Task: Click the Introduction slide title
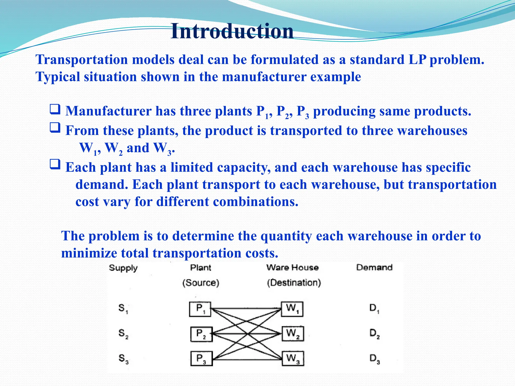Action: (232, 31)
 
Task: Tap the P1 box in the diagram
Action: (200, 309)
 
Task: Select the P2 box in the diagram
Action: (201, 334)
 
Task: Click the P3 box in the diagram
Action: (201, 358)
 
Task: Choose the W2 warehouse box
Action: (293, 334)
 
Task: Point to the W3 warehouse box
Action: (293, 358)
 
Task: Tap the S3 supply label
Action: (123, 358)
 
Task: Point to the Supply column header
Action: (123, 268)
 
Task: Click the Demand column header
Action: (374, 267)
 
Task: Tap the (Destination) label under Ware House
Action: (294, 283)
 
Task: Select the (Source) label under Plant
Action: (201, 283)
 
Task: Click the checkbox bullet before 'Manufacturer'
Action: (55, 110)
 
